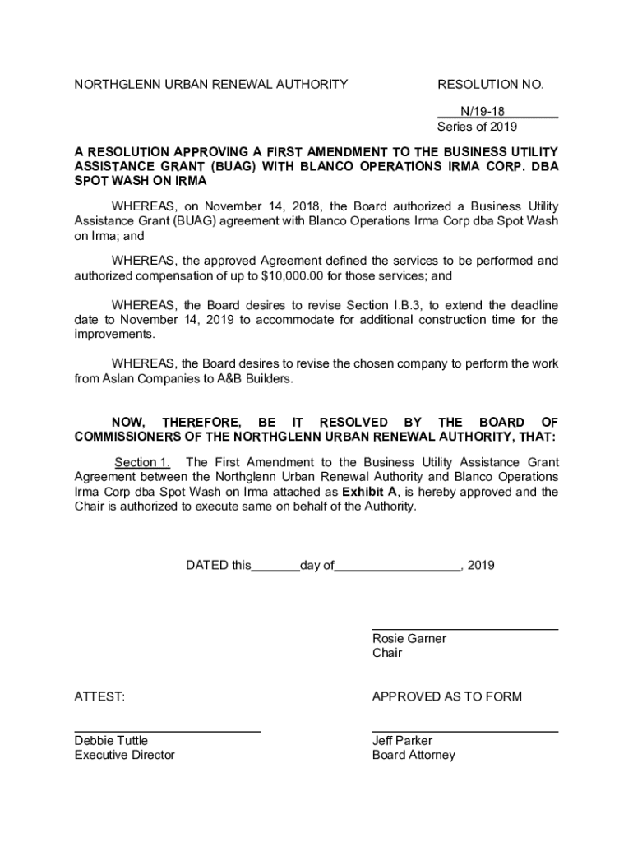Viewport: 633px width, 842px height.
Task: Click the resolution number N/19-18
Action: pos(482,111)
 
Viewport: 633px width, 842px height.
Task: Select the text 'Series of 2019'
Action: pos(477,127)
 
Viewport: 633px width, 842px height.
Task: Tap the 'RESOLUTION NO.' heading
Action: pos(491,84)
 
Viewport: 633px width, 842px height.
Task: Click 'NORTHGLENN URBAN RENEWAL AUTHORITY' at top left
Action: pos(211,84)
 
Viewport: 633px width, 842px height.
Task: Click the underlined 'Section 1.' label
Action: pos(142,463)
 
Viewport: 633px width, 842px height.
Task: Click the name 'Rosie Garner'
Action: pos(409,639)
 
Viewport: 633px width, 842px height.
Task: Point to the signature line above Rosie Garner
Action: pos(464,630)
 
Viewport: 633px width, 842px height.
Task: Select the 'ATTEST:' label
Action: pos(100,697)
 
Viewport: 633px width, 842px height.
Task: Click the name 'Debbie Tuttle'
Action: pos(112,741)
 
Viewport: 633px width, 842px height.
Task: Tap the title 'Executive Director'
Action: pos(125,756)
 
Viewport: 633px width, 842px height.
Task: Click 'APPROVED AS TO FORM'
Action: pos(446,697)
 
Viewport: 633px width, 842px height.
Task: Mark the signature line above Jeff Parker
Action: pos(464,731)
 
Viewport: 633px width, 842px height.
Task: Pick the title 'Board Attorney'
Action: pos(413,756)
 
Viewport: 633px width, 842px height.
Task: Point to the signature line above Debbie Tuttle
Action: pos(168,731)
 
